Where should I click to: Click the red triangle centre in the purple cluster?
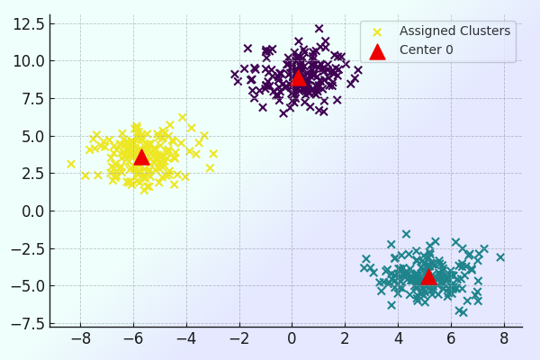click(x=298, y=77)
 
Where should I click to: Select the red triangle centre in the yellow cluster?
click(x=141, y=157)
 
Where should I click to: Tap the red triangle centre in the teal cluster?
click(x=428, y=275)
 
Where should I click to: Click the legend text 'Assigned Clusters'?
click(x=454, y=31)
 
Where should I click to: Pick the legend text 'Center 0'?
click(x=427, y=50)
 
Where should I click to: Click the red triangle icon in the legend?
click(x=377, y=50)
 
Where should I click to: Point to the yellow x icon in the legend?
click(x=377, y=31)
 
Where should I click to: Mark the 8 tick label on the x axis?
click(x=504, y=339)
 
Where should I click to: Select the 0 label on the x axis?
click(x=292, y=339)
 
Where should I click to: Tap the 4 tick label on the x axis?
click(x=398, y=339)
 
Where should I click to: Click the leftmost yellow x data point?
click(x=71, y=164)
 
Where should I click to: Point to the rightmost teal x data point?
click(x=500, y=257)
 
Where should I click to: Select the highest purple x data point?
click(x=319, y=29)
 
